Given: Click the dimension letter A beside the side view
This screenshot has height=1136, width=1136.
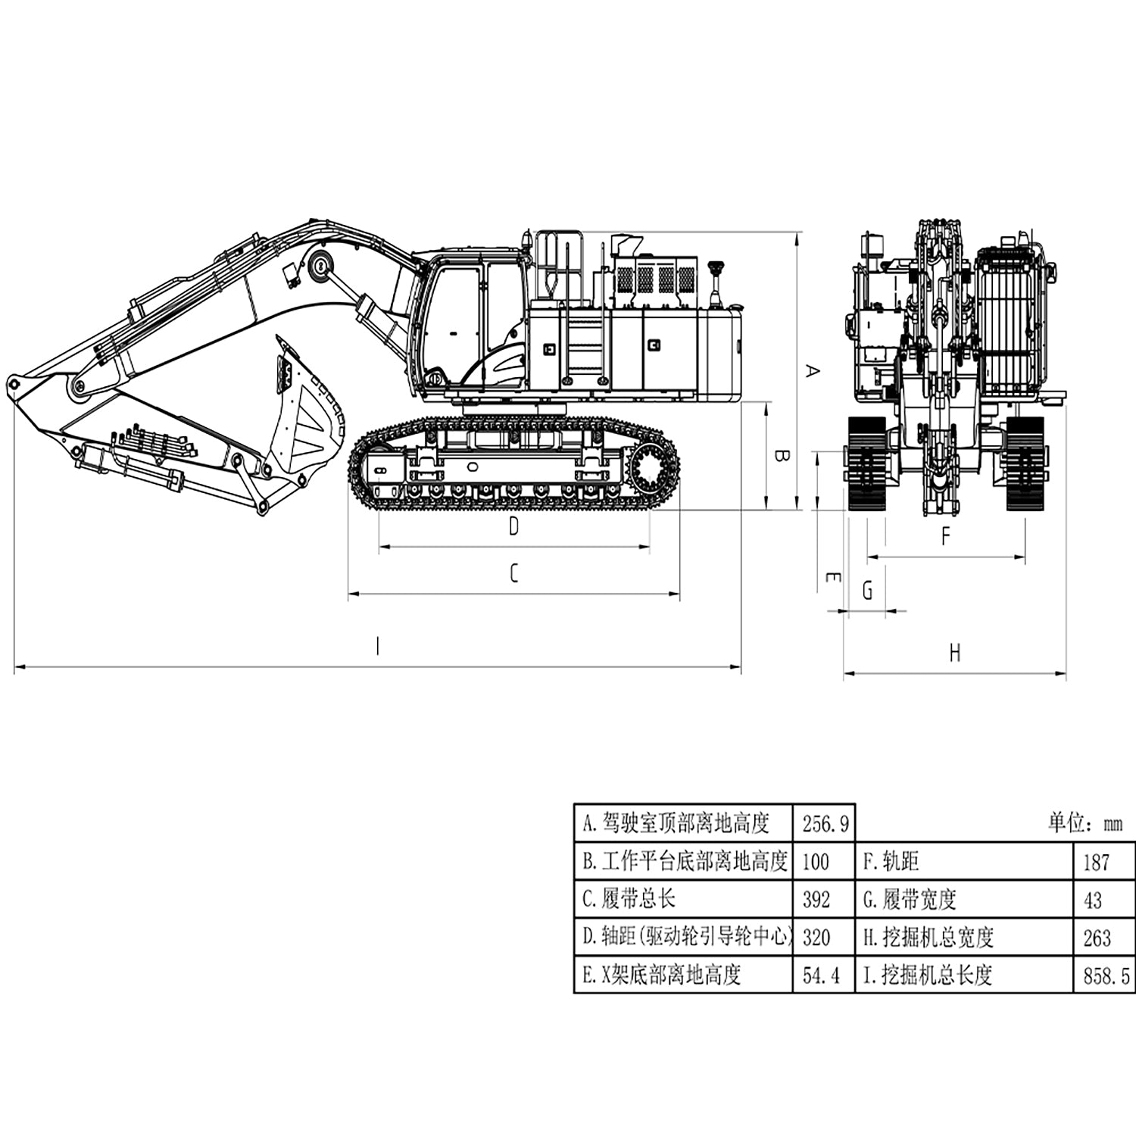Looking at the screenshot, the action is point(811,371).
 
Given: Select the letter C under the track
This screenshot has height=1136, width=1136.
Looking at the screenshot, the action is point(513,573).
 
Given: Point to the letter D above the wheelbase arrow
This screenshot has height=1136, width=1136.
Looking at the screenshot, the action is point(513,526).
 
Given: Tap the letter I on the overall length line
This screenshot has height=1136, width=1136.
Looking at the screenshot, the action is point(377,646).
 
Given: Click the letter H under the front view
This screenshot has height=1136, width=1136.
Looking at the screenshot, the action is point(955,653).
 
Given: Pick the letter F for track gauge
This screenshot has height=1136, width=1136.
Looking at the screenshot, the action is point(945,536).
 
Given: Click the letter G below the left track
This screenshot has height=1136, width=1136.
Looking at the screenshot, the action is point(868,590).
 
